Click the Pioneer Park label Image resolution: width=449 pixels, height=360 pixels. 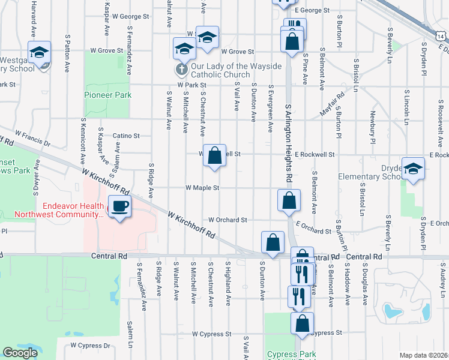[x=107, y=95]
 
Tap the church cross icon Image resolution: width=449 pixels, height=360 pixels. [x=179, y=70]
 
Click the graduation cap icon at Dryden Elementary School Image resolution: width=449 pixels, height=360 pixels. [x=413, y=169]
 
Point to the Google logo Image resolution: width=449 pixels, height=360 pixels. [x=20, y=353]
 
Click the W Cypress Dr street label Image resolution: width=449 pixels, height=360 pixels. [x=90, y=346]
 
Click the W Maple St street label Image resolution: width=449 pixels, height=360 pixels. [x=203, y=187]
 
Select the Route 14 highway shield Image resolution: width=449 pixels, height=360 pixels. [x=441, y=37]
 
